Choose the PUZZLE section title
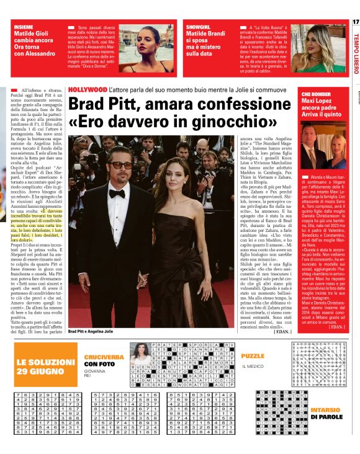[253, 357]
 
